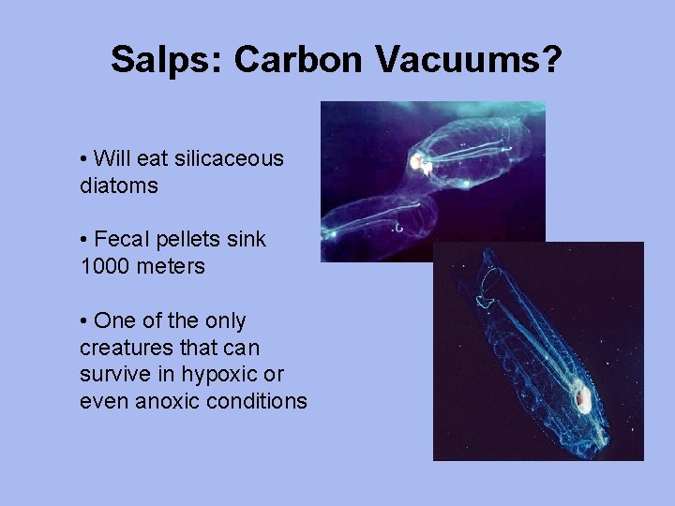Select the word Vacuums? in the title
pyautogui.click(x=470, y=60)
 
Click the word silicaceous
pyautogui.click(x=233, y=158)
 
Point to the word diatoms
pyautogui.click(x=119, y=186)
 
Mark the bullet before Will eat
pyautogui.click(x=84, y=158)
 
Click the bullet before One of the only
pyautogui.click(x=84, y=320)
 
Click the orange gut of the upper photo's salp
pyautogui.click(x=419, y=165)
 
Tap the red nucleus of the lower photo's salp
pyautogui.click(x=582, y=399)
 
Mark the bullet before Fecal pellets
pyautogui.click(x=84, y=239)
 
